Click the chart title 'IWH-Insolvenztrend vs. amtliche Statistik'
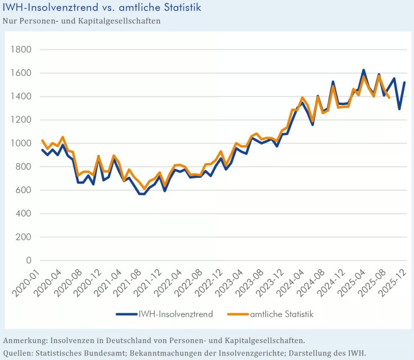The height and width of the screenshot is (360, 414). point(102,8)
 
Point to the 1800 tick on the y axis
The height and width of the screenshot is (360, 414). point(21,49)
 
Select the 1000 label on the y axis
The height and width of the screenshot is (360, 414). point(21,143)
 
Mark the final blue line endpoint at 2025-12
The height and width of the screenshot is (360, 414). point(404,83)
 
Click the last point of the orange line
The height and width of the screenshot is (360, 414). point(389,98)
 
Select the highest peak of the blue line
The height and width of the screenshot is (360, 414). point(363,70)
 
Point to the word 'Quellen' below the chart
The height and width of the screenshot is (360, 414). point(19,353)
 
